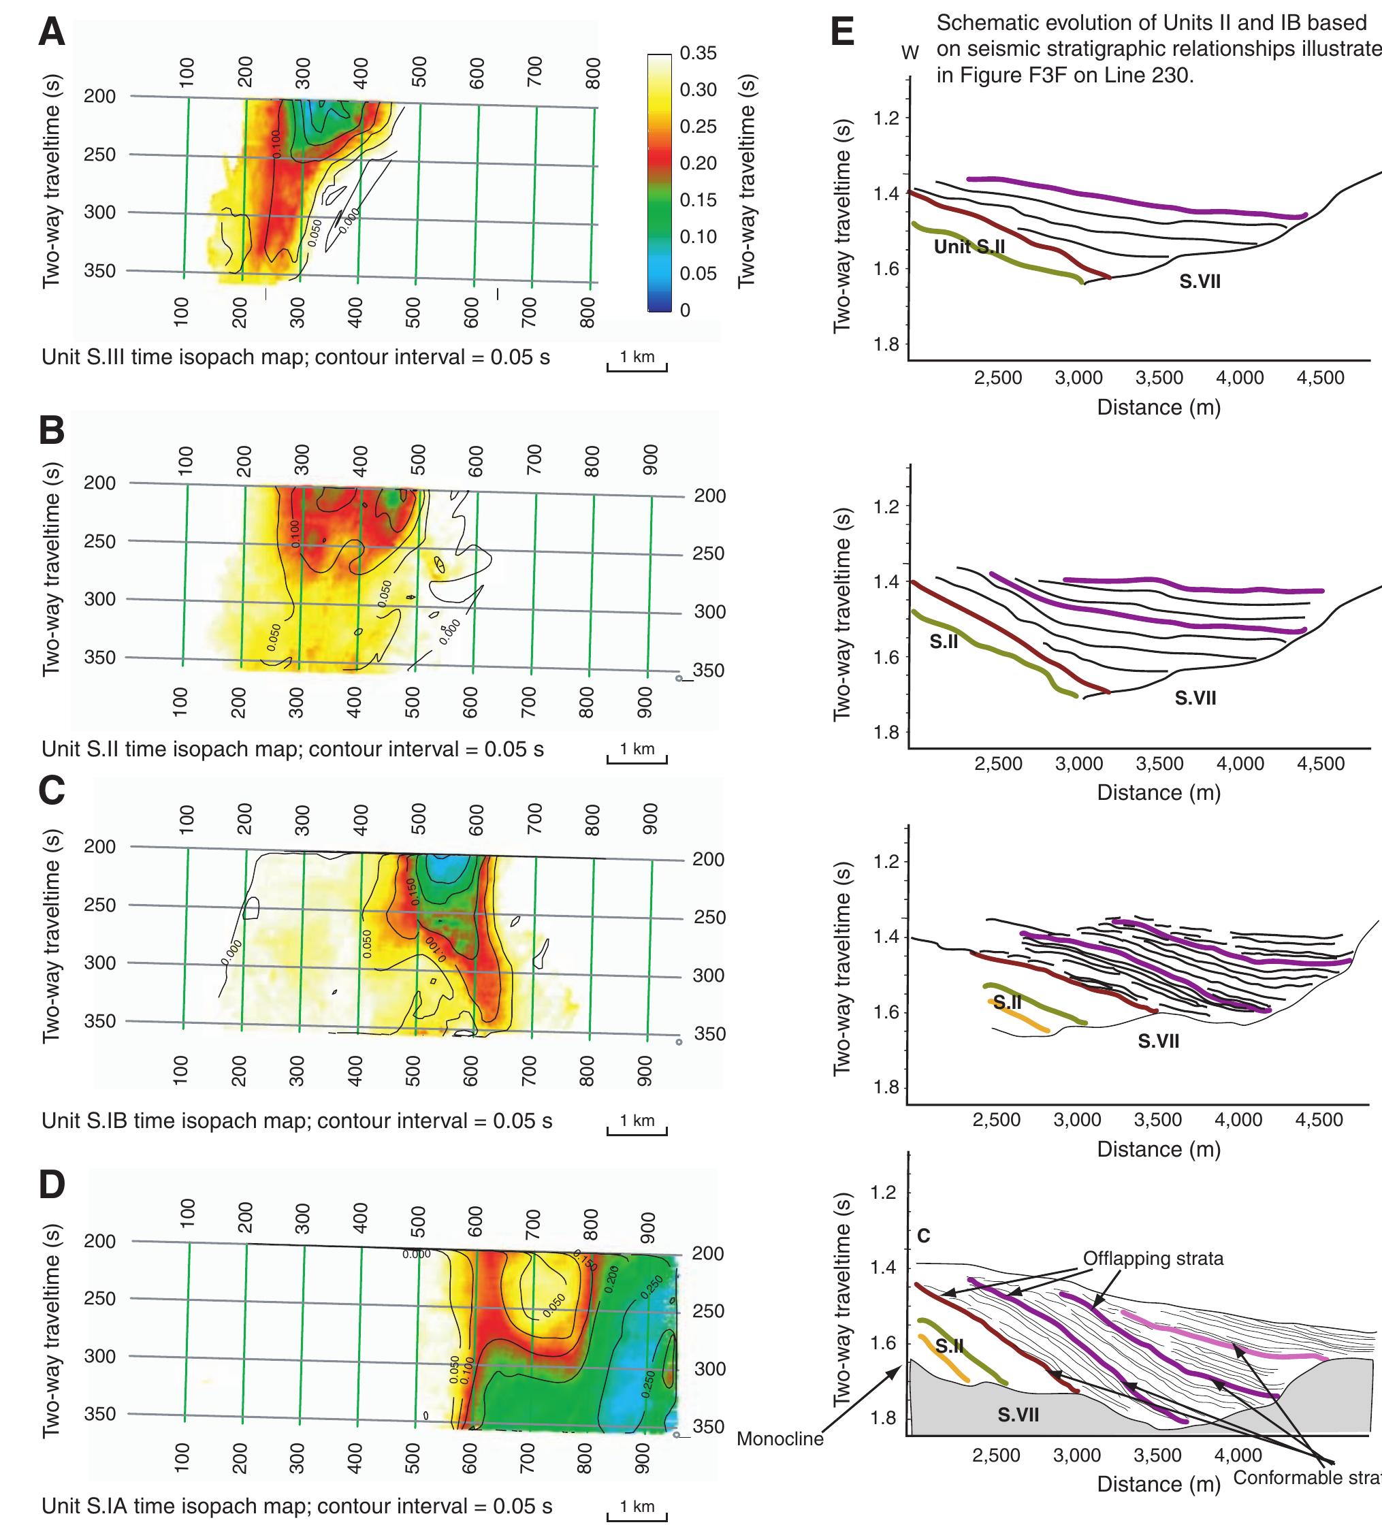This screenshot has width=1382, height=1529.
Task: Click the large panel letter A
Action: [52, 33]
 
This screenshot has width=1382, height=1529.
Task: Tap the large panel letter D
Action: [52, 1185]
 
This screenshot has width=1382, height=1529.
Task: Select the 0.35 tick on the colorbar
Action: [698, 53]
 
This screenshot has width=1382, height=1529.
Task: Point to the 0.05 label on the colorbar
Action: [698, 273]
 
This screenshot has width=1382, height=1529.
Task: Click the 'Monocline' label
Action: [780, 1438]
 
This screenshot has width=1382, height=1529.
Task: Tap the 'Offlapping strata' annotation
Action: [1153, 1258]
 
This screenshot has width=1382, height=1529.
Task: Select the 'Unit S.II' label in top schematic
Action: [969, 246]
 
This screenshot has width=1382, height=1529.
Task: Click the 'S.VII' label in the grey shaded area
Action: [1018, 1414]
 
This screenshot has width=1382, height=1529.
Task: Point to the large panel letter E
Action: [843, 33]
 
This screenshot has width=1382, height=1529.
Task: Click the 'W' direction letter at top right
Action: [910, 53]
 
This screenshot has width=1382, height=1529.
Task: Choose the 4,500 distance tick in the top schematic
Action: [1321, 378]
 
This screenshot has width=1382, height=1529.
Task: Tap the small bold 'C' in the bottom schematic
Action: [923, 1236]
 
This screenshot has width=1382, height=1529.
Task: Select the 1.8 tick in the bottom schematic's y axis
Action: [883, 1417]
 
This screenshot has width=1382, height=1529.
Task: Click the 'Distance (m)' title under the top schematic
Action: [1158, 407]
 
